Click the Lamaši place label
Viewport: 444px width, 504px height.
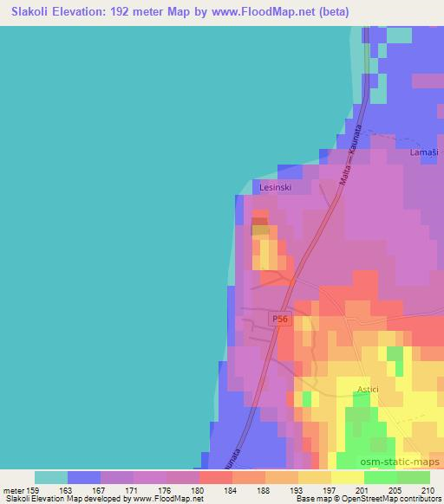tap(423, 152)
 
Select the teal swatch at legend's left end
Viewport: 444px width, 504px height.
tap(50, 477)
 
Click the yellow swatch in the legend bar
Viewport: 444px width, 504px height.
tap(347, 477)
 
